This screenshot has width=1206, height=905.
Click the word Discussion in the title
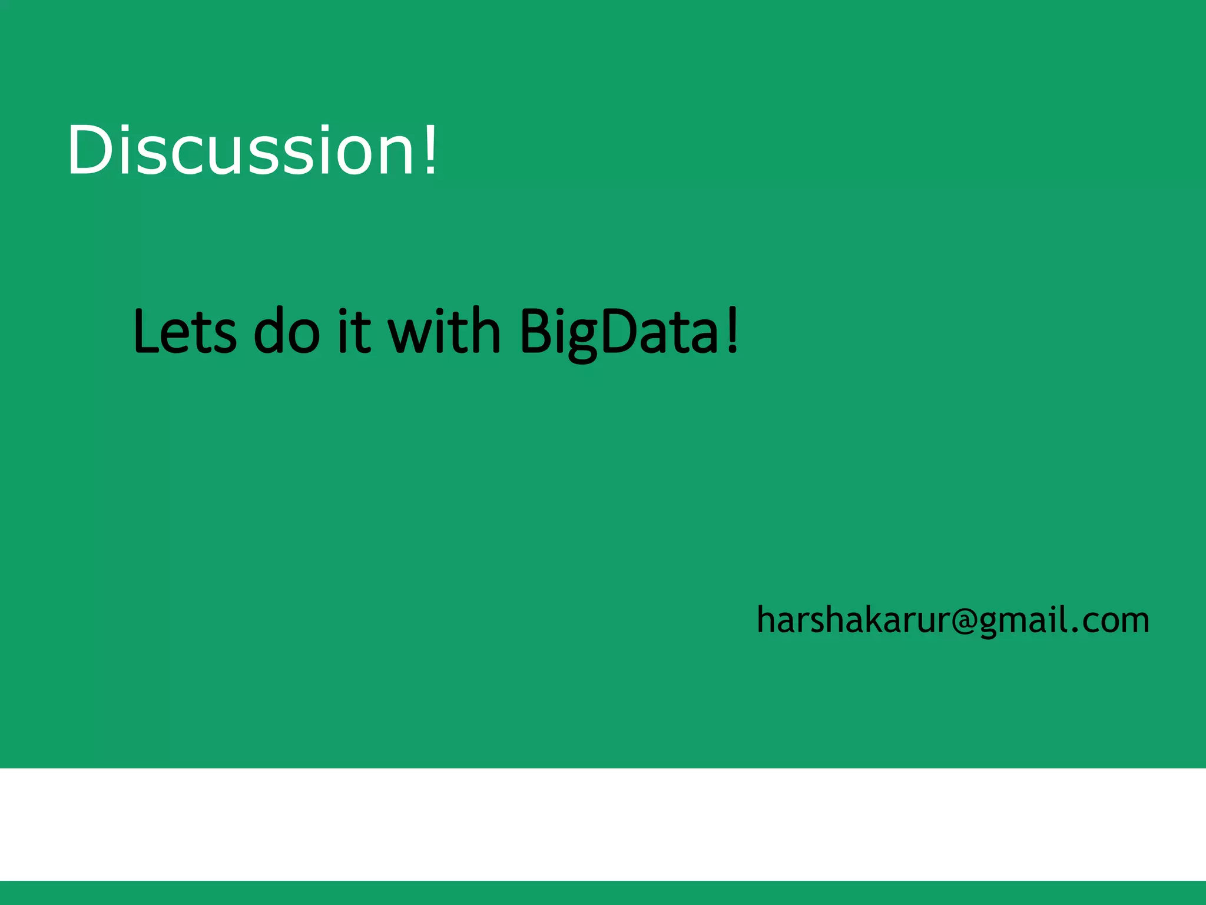coord(241,150)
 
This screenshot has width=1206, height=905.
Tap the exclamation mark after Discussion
coord(431,150)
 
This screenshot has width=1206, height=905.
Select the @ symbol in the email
coord(965,621)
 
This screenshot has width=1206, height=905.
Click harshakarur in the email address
coord(853,620)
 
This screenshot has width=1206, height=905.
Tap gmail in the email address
coord(1022,620)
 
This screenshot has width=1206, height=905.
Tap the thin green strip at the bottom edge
coord(603,893)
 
